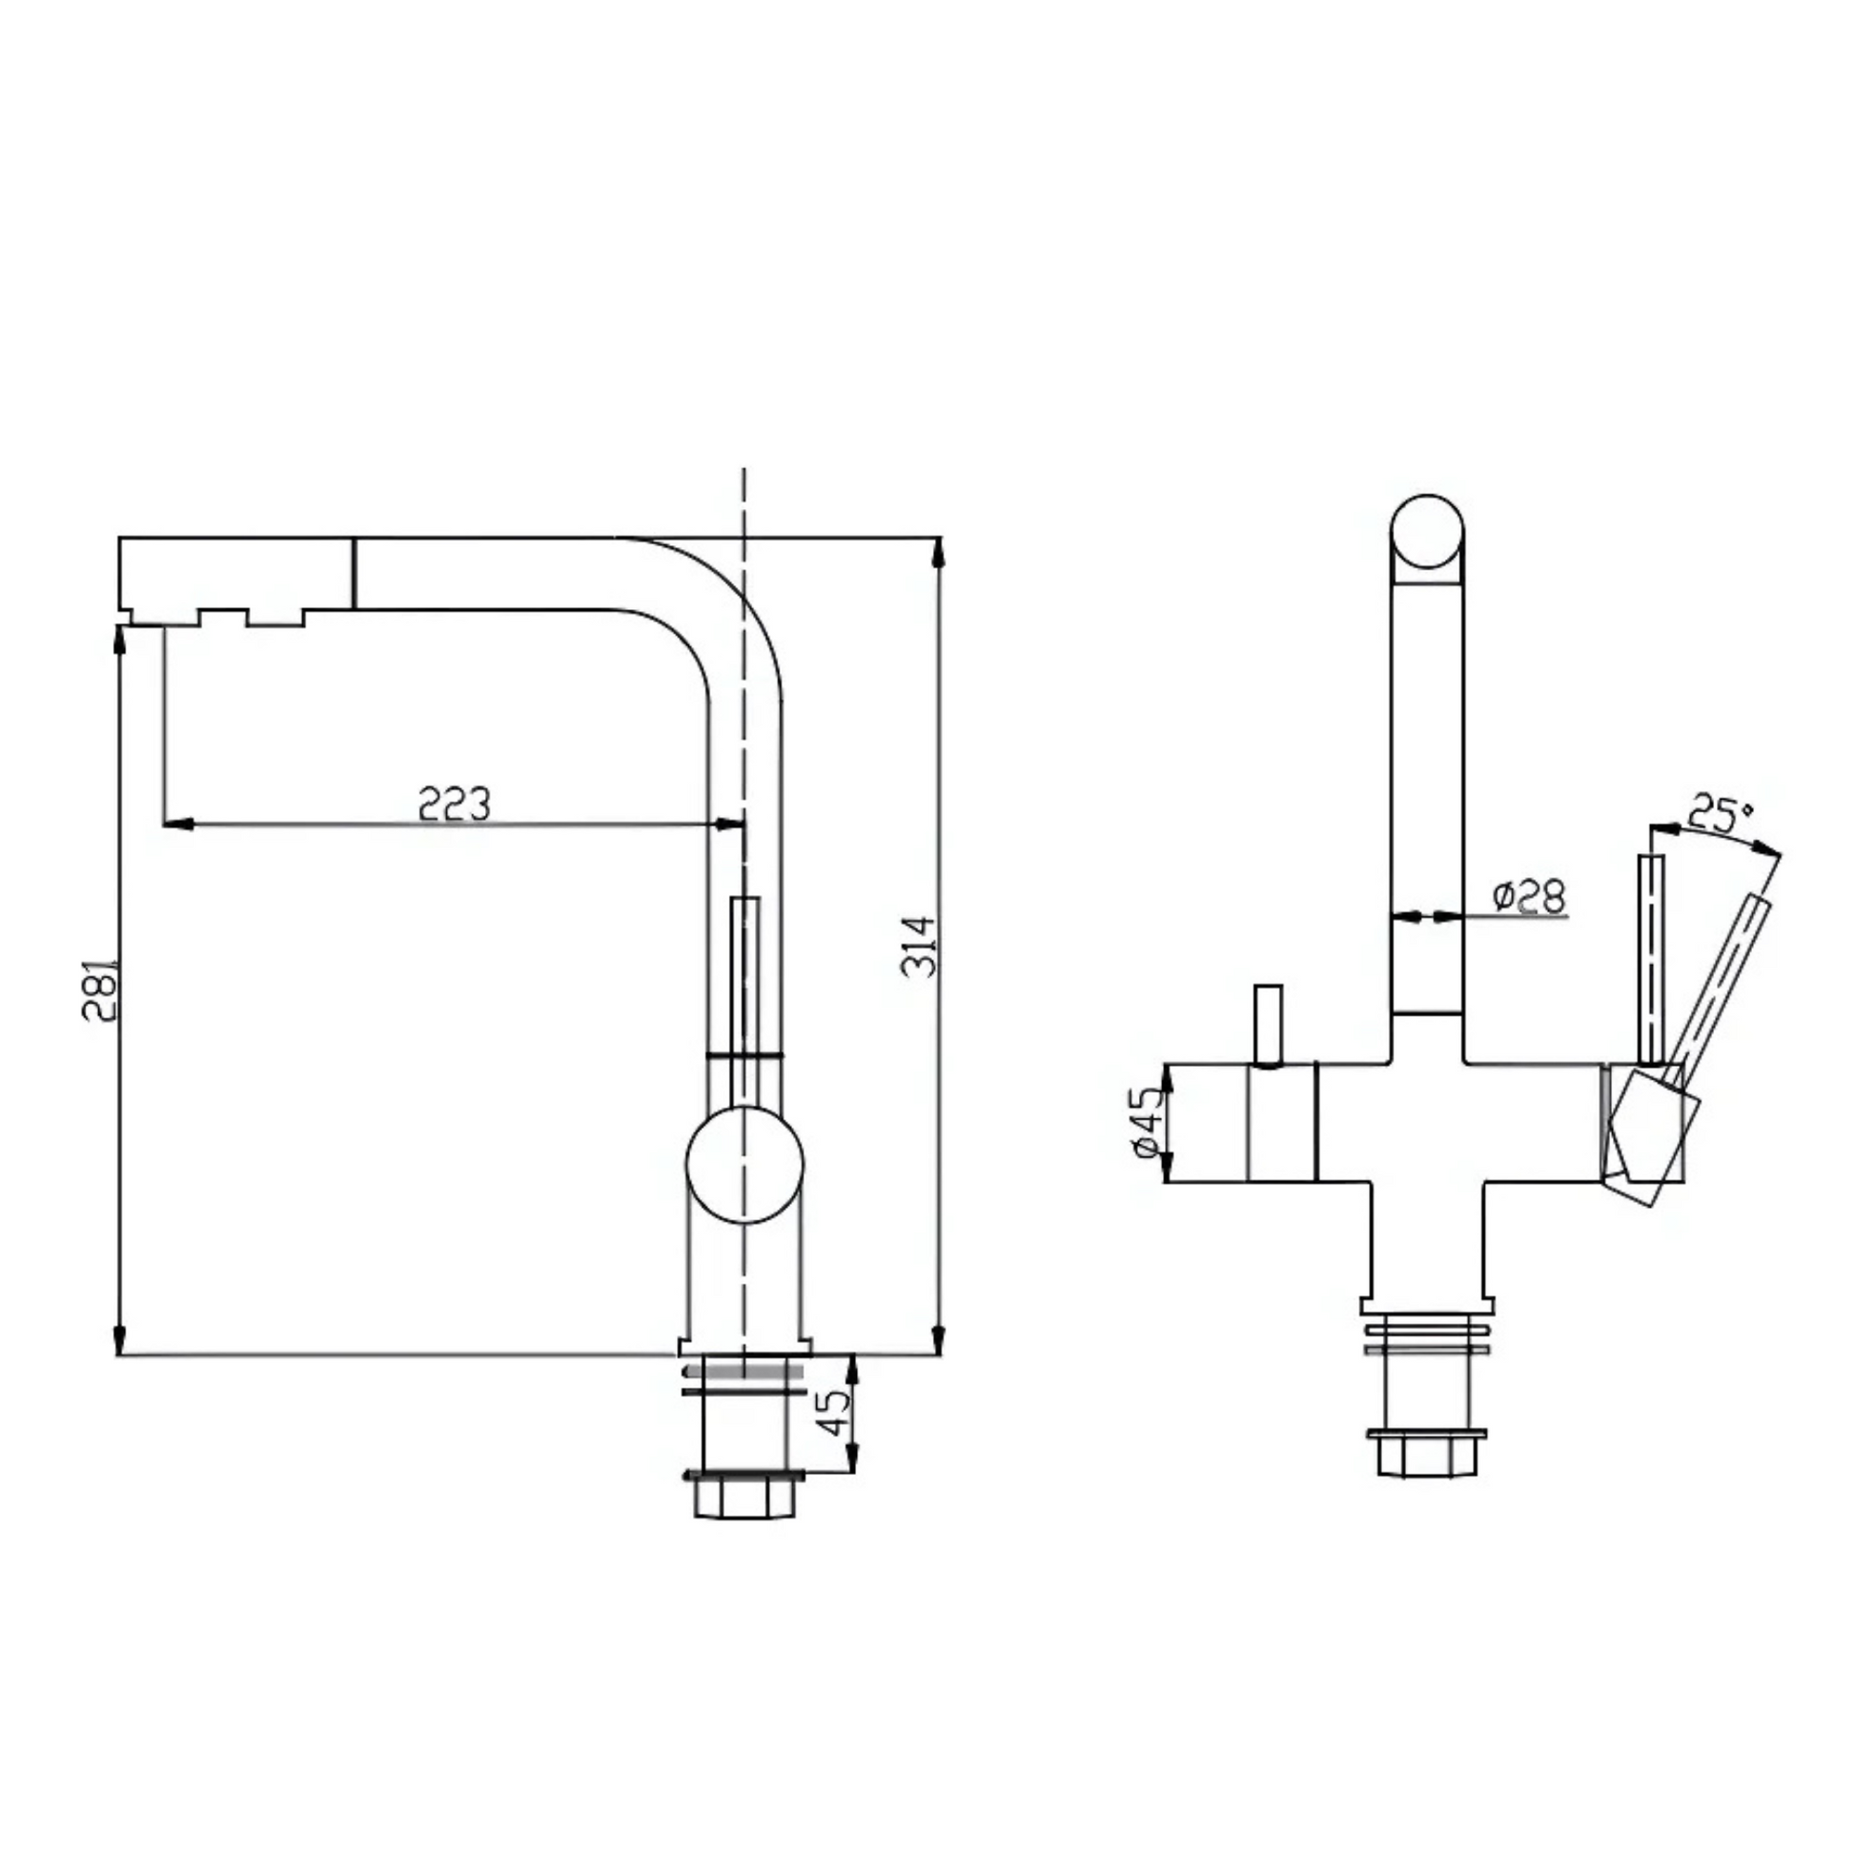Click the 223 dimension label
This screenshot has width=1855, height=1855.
point(454,804)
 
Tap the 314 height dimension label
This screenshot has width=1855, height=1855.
point(918,947)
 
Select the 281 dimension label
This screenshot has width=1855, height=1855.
point(99,989)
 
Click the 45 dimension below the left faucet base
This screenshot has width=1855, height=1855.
point(835,1412)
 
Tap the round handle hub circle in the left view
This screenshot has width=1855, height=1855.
point(744,1164)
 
